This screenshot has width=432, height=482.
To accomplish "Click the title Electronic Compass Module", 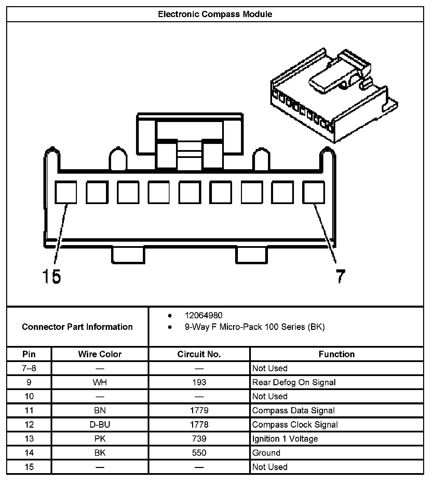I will (x=215, y=14).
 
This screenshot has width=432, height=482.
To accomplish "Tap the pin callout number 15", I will (x=51, y=276).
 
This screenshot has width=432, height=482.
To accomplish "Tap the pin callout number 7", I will (x=340, y=276).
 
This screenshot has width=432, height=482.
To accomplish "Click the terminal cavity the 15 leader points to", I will (x=66, y=192).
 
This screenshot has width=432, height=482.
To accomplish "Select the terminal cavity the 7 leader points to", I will (x=313, y=192).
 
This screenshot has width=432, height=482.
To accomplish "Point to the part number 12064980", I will (x=203, y=315).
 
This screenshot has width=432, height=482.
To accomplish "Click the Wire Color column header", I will (x=100, y=354).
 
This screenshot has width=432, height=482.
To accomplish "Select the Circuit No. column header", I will (x=199, y=354).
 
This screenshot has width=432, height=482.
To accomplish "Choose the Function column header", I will (x=337, y=354).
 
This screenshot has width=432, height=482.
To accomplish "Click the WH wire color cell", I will (x=100, y=382).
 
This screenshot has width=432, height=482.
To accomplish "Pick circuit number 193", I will (x=199, y=382).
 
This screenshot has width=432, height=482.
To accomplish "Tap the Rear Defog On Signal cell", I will (x=294, y=382).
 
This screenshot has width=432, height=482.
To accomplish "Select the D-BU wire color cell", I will (x=100, y=425).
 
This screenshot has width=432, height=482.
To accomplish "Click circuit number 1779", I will (x=199, y=410).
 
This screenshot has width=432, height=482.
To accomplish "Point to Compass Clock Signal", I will (x=295, y=425).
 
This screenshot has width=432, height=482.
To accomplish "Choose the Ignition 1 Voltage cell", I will (x=285, y=439).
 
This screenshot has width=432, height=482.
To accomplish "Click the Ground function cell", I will (x=266, y=453).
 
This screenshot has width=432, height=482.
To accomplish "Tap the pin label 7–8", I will (x=29, y=368).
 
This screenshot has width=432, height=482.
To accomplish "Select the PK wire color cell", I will (x=100, y=439).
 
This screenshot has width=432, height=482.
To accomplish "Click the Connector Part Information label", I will (x=77, y=327).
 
